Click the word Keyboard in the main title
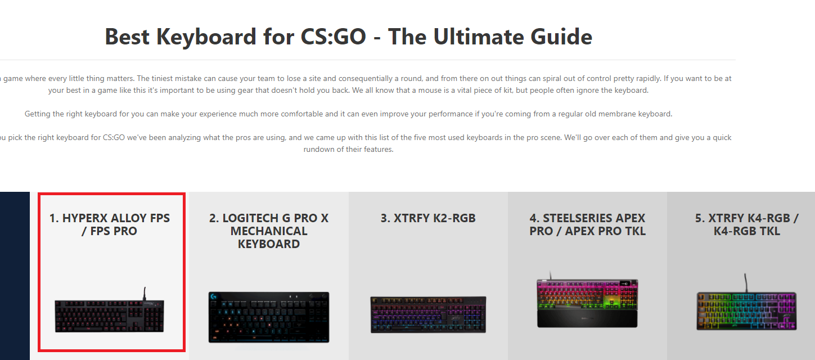206,37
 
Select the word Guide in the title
561,37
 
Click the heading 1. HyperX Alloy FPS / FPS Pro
110,224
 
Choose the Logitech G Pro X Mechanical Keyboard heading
269,231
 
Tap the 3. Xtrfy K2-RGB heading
428,218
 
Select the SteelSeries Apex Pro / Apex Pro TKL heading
587,224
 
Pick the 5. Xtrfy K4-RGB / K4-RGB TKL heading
746,224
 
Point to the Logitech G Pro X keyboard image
269,317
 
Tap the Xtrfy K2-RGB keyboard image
428,314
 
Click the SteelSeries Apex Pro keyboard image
587,300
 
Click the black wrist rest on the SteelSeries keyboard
587,319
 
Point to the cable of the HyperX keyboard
145,294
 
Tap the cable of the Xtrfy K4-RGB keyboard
745,283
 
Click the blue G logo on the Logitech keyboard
214,296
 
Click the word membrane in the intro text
617,114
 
